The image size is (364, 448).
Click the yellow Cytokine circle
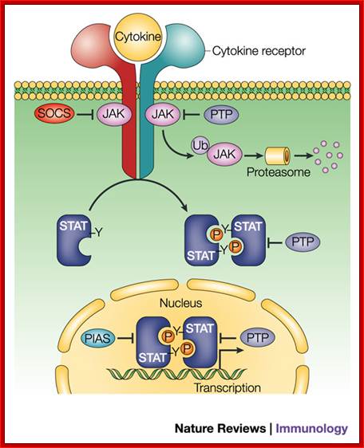(137, 37)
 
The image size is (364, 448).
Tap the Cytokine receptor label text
(259, 51)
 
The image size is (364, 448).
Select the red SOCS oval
(54, 114)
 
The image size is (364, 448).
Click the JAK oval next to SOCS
(114, 114)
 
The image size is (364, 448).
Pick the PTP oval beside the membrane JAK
(221, 115)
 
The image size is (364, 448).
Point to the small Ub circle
(200, 146)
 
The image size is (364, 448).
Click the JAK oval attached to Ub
(224, 155)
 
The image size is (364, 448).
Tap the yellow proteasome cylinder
(277, 155)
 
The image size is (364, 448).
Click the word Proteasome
(278, 172)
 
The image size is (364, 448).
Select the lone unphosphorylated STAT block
(73, 240)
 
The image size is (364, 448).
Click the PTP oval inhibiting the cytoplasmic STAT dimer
(303, 242)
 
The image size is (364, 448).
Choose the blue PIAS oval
(98, 339)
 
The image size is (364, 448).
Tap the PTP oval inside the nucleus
(257, 338)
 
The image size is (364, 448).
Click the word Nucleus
(180, 303)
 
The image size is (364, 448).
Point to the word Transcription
(227, 387)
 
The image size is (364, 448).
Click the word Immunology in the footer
(311, 429)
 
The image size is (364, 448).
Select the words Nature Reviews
(220, 428)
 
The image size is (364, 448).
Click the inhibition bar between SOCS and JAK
(85, 115)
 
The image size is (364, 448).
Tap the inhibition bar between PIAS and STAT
(126, 339)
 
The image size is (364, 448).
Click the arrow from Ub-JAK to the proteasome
(253, 155)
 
